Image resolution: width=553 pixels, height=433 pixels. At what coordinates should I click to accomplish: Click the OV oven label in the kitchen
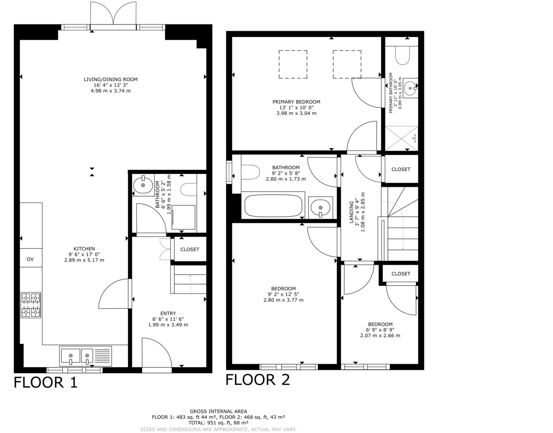30,259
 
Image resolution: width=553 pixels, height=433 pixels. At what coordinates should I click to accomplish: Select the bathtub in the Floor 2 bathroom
273,205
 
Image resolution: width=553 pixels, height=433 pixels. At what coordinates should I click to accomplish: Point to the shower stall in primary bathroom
401,139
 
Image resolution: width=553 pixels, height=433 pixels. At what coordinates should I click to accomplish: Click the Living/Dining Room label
111,79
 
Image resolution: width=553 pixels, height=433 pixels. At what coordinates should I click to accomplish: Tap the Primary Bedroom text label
296,102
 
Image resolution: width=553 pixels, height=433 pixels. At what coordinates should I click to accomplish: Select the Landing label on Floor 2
351,212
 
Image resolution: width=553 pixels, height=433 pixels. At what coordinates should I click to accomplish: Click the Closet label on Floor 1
190,249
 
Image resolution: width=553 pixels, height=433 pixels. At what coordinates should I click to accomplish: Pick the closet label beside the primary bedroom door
400,169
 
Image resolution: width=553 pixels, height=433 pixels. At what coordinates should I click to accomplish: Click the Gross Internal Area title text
218,411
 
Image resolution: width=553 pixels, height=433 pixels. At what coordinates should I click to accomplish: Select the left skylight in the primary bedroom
293,64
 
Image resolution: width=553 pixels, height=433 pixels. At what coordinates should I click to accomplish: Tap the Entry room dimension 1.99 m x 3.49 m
168,325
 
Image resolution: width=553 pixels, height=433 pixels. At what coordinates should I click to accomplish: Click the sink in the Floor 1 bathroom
143,185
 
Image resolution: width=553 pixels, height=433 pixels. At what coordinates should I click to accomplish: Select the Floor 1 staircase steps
190,280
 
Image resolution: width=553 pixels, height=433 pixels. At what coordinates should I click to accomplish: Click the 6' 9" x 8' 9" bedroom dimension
380,330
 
